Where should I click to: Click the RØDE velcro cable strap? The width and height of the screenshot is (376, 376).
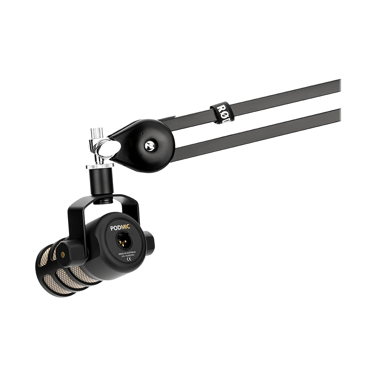[219, 112]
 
